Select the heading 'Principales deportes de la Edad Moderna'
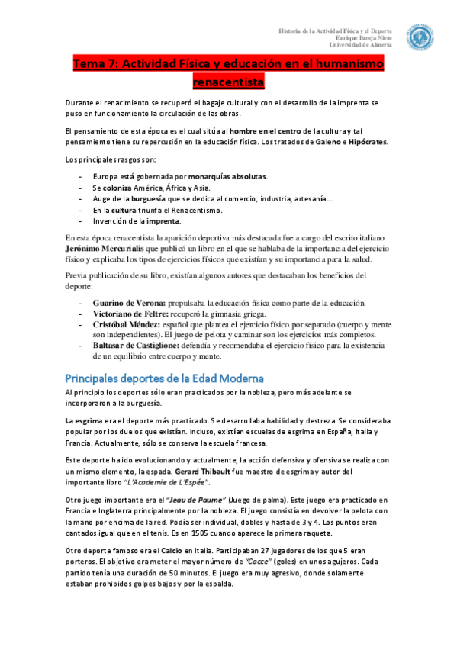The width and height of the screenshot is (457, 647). coord(165,378)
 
